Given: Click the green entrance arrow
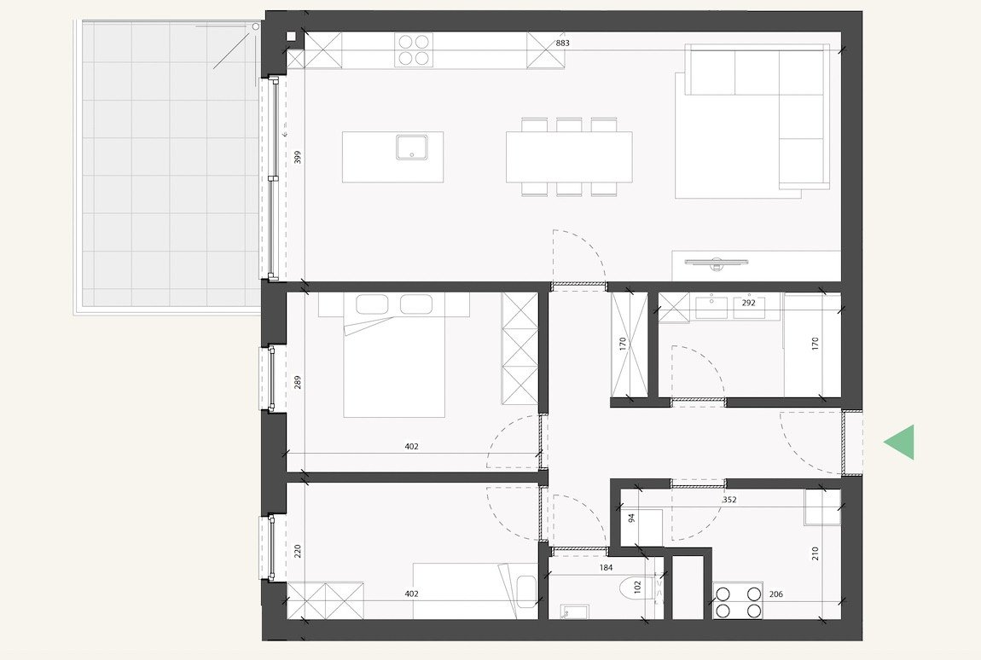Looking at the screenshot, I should (901, 442).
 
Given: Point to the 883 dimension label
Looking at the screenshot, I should (562, 43).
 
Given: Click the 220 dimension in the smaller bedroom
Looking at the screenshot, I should (298, 551).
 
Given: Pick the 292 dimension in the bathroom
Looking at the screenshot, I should (747, 302).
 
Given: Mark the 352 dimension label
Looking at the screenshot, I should (730, 501).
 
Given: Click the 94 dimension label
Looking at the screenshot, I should (632, 518).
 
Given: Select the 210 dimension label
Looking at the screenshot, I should (816, 553).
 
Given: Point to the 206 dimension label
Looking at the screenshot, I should (776, 594).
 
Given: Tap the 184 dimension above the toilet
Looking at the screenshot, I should (607, 566).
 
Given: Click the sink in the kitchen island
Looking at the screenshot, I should (415, 147).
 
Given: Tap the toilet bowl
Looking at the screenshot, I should (640, 588).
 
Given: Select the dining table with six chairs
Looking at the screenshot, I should (569, 157).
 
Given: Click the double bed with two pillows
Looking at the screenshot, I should (394, 355).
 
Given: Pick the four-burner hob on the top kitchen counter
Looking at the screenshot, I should (414, 49).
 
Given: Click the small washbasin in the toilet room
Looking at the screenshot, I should (569, 611).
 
